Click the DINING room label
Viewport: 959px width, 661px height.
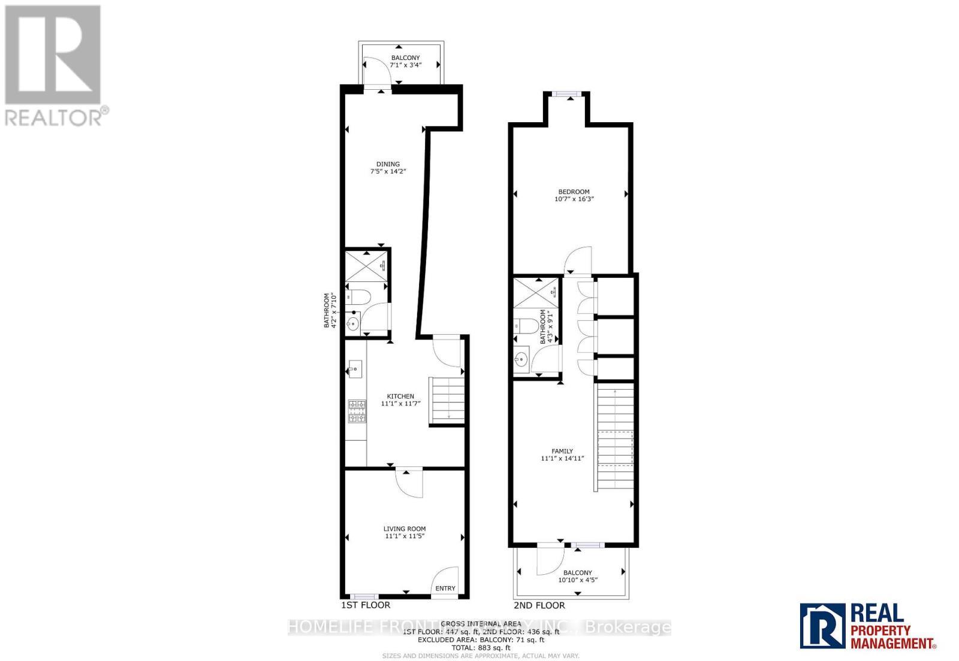388,164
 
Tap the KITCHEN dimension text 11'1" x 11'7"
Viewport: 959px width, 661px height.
401,404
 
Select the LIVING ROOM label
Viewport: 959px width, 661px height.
405,529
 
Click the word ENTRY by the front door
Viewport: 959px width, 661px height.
445,589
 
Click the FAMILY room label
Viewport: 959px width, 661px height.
562,451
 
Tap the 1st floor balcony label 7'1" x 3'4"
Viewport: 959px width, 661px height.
406,64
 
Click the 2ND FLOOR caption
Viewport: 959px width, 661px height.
539,605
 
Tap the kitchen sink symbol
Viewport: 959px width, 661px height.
354,368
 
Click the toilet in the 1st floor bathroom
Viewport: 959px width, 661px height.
359,297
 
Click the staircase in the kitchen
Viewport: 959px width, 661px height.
446,401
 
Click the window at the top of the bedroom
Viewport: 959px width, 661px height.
566,93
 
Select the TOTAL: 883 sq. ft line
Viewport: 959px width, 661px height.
481,648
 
